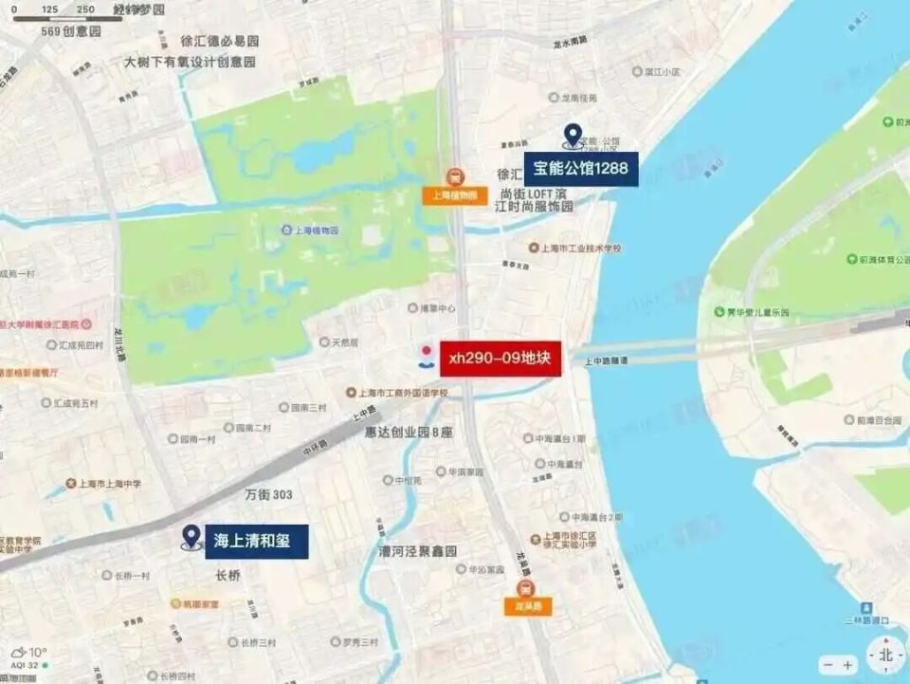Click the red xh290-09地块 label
(x=500, y=359)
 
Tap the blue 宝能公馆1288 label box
(x=580, y=169)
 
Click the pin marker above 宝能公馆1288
(x=572, y=137)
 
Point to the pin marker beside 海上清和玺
(x=191, y=539)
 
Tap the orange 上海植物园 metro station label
(x=455, y=196)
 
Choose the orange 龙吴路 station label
(x=527, y=606)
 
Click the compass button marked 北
(x=885, y=656)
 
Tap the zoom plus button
(x=847, y=666)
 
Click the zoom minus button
(x=828, y=666)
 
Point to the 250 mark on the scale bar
(x=85, y=9)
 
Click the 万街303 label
(x=268, y=494)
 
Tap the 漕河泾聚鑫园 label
(x=418, y=551)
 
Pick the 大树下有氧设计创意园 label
(x=191, y=62)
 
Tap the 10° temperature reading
(x=37, y=653)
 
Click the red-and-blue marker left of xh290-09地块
(x=427, y=355)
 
